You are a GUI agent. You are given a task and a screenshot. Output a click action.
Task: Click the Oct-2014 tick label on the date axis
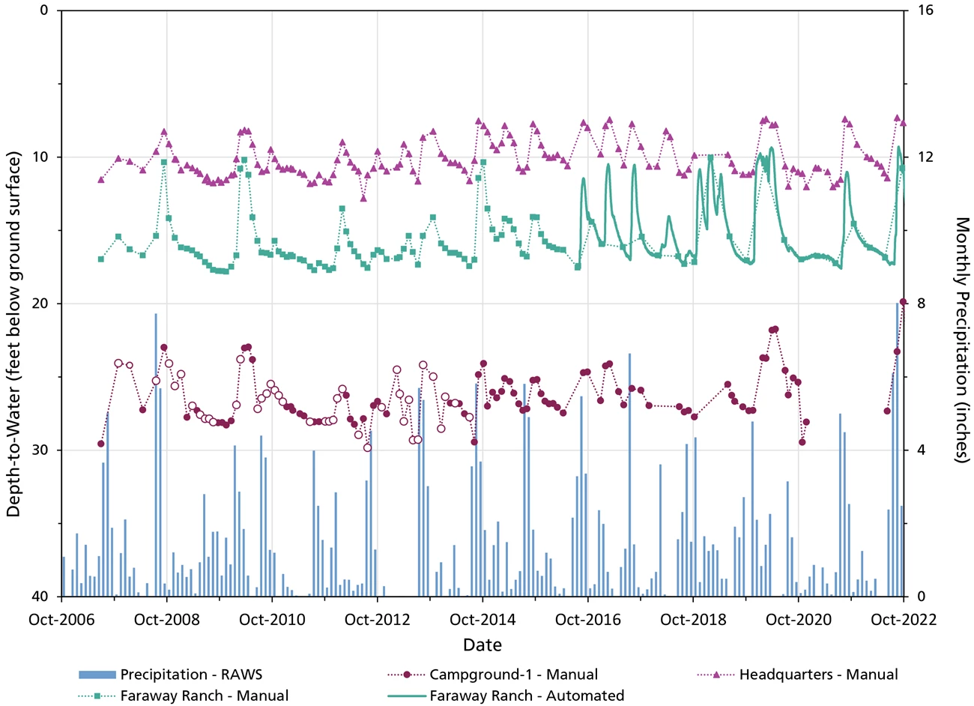tap(483, 620)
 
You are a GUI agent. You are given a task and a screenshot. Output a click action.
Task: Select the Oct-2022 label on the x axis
tap(903, 620)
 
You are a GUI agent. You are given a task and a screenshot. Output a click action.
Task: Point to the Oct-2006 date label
tap(61, 620)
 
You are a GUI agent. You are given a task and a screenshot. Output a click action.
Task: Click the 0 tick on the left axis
tap(43, 10)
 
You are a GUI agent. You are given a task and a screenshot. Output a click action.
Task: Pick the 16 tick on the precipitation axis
tap(920, 10)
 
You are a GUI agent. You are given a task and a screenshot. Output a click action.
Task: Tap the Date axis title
tap(483, 645)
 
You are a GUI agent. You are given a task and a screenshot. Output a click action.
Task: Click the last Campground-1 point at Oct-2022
tap(903, 302)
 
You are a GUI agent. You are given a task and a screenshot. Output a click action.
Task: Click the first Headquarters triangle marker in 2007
tap(101, 180)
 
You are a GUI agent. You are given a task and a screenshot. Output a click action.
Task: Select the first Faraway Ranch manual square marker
tap(101, 259)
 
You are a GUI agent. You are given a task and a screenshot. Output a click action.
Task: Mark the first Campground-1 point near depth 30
tap(101, 444)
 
